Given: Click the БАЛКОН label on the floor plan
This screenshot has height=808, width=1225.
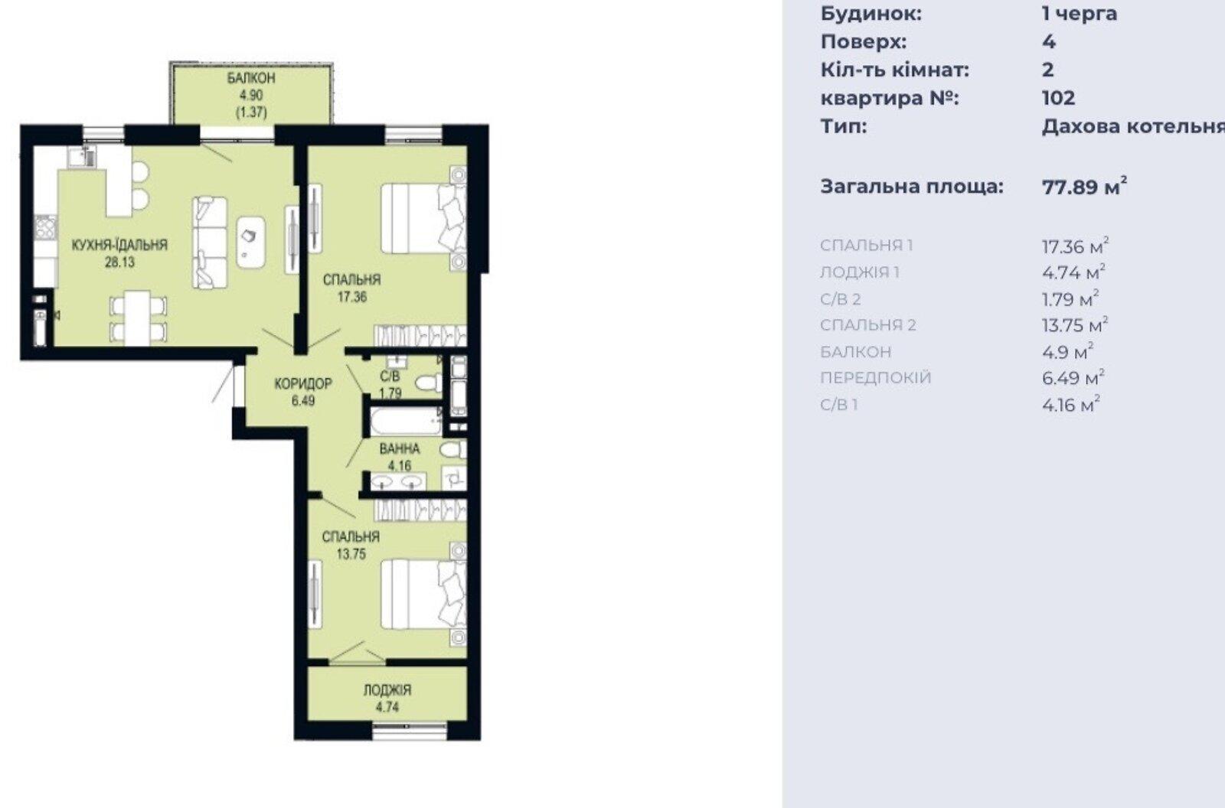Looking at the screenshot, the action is tap(251, 78).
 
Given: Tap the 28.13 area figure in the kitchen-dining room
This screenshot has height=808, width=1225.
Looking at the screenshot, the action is tap(119, 262).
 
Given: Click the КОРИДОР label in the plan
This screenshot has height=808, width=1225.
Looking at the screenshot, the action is tap(303, 383).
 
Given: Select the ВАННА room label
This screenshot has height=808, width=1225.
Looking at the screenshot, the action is tap(400, 449).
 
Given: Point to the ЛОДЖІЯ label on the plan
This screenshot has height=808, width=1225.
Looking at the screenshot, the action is tap(387, 690).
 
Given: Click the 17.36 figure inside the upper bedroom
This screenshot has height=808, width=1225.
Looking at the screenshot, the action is tap(352, 298).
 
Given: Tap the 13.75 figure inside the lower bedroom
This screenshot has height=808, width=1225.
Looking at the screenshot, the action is tap(351, 554).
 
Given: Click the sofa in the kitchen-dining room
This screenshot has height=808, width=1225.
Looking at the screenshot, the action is tap(210, 243).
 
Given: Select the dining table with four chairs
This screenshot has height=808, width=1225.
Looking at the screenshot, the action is tap(138, 318).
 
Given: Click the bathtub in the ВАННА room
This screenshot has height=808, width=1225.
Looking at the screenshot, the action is tap(407, 421).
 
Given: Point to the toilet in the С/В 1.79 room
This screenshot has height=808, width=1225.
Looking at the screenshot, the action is tap(429, 382).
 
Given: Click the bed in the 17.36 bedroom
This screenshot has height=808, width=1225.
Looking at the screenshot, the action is tap(423, 218).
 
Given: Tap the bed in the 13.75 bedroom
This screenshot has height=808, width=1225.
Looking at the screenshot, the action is tap(423, 594).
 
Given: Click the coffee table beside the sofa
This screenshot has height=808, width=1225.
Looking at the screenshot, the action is tap(251, 243).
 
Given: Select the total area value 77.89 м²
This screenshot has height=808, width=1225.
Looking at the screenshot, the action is tap(1084, 186).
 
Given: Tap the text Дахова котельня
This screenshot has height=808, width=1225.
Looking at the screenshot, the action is tap(1133, 126).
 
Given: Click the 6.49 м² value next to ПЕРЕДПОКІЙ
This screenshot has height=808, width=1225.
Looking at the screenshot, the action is tap(1073, 377).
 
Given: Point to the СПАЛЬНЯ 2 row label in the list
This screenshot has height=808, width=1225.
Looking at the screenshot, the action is tap(868, 324).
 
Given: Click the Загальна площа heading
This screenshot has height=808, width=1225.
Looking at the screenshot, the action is tap(912, 187).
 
